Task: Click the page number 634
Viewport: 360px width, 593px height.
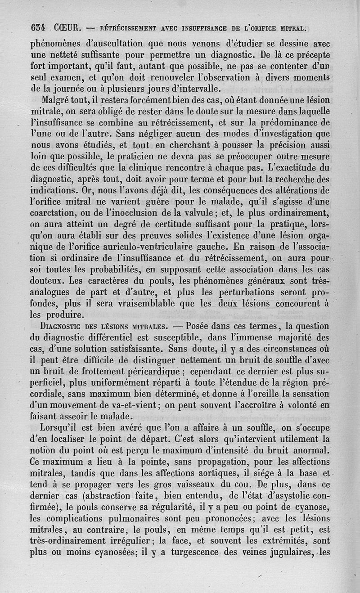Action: coord(37,28)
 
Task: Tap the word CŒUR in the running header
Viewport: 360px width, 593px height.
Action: coord(66,28)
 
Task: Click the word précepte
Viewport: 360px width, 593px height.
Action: coord(309,55)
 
